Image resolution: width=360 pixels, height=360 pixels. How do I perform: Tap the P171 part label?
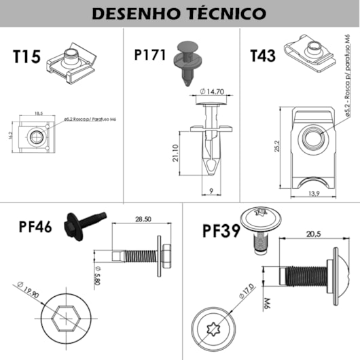(x=151, y=55)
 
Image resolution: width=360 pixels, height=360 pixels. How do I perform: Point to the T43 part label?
(x=263, y=56)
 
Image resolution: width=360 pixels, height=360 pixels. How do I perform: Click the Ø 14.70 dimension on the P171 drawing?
(x=212, y=92)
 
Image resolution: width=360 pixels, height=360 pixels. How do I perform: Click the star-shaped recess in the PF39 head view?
(x=218, y=328)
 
